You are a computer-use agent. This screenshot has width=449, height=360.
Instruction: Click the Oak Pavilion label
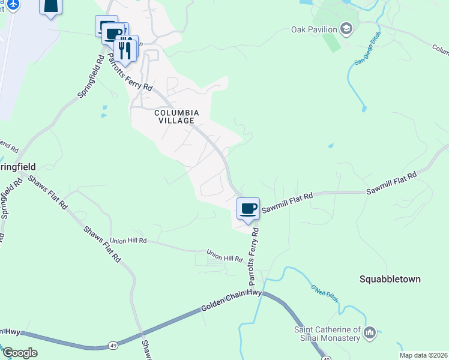pos(315,29)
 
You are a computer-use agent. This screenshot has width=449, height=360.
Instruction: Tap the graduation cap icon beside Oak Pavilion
pos(346,28)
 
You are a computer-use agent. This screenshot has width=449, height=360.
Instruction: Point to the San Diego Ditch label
pos(367,47)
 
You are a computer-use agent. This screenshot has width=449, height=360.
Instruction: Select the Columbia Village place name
pos(176,116)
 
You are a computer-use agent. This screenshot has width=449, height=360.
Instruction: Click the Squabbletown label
pos(390,279)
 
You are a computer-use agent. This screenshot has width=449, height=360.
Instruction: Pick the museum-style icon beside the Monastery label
pos(370,332)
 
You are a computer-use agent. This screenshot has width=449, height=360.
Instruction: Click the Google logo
pos(19,353)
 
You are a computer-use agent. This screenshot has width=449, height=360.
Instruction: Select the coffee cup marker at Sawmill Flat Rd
pos(248,209)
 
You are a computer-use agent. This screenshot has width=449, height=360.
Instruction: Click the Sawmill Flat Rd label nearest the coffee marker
pos(288,198)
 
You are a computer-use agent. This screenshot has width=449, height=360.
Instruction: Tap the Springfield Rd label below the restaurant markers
pos(91,79)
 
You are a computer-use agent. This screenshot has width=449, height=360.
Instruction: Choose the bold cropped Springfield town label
pos(18,166)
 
